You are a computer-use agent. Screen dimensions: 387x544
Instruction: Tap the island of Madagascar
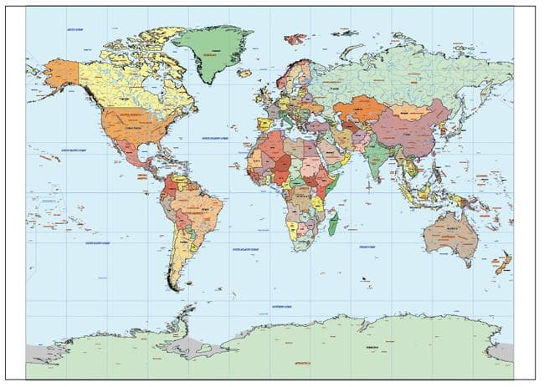[333, 223]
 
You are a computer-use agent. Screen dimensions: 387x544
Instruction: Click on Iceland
[244, 74]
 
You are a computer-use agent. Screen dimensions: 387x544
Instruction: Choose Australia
[449, 233]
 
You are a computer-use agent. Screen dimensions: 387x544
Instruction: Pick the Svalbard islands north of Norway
[295, 38]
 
